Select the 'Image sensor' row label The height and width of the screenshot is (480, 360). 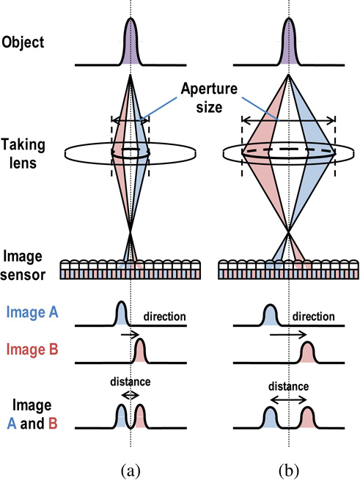tap(26, 265)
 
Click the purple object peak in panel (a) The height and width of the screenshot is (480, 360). tap(131, 37)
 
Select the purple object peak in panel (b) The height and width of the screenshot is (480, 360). tap(288, 37)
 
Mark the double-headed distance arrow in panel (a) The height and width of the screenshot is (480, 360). tap(131, 394)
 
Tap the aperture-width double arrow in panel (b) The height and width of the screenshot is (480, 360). tap(288, 120)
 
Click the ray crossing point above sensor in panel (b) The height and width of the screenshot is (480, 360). tap(288, 235)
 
